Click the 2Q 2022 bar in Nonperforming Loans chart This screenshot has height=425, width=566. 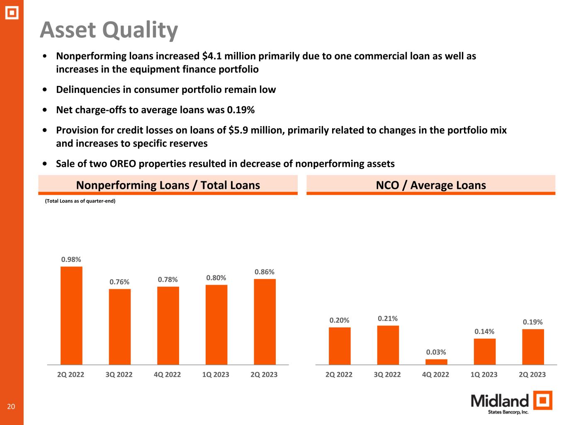(x=71, y=315)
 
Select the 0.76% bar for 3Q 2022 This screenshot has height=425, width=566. (x=120, y=327)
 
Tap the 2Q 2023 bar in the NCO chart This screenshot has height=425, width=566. (x=533, y=347)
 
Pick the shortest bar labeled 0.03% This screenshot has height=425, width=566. (x=436, y=362)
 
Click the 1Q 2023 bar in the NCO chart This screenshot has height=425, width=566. (x=484, y=352)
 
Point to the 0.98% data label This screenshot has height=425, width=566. (x=71, y=259)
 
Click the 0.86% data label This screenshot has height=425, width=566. (x=265, y=272)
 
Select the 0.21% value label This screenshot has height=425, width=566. (x=388, y=318)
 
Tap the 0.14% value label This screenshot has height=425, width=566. (x=484, y=331)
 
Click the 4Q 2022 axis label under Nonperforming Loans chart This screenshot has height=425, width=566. (x=167, y=374)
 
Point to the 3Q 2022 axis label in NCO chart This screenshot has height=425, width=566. (x=387, y=374)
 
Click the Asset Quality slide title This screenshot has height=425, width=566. (x=109, y=30)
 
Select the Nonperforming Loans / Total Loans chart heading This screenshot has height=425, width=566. (x=168, y=185)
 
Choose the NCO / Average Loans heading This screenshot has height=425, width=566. (x=431, y=185)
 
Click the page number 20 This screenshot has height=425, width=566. (x=11, y=406)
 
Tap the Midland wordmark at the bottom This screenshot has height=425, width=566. (x=500, y=401)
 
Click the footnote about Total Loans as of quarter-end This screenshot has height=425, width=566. (x=80, y=201)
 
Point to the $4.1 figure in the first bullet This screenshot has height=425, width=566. (x=211, y=56)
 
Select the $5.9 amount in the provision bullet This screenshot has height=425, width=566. (x=238, y=130)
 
